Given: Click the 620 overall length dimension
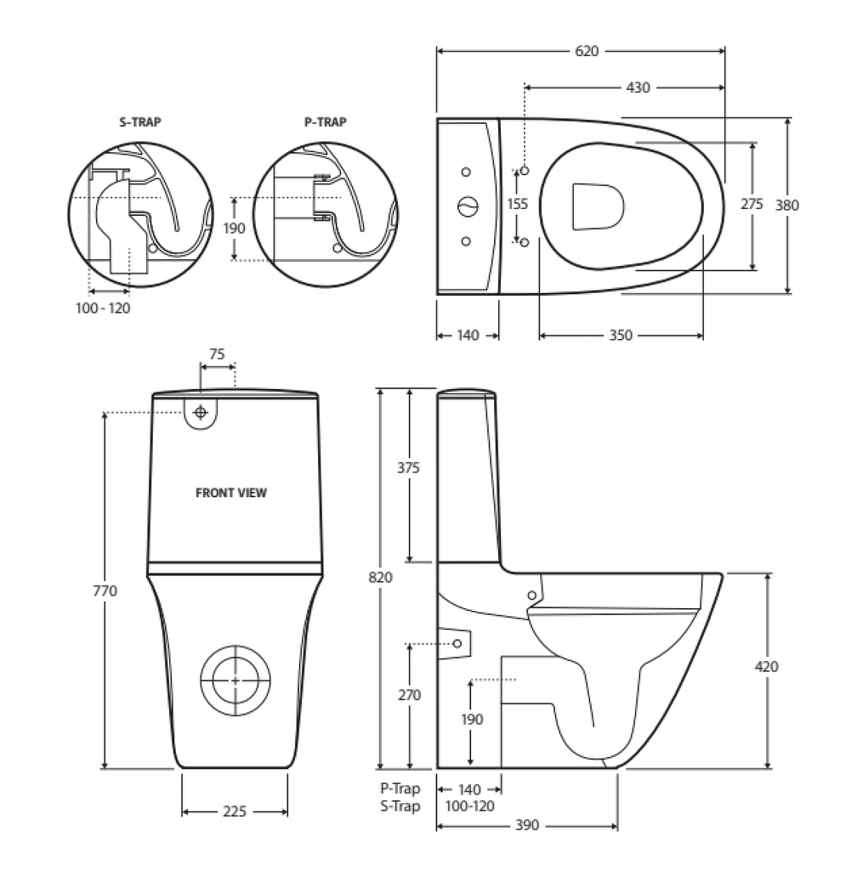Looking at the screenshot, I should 587,51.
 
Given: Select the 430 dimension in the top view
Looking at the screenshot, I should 638,88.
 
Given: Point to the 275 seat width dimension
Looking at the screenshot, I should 752,204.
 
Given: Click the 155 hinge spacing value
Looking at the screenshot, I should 518,204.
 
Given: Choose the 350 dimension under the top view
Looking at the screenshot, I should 621,336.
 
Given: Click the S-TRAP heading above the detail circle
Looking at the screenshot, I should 139,122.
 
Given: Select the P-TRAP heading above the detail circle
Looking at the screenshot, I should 326,122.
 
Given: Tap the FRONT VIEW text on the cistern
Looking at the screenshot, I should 231,493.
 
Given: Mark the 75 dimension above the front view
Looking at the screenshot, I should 217,355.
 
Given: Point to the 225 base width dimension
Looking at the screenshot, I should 235,812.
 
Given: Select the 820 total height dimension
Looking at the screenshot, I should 381,578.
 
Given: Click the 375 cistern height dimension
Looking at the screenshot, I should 410,469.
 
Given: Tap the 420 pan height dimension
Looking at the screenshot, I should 767,667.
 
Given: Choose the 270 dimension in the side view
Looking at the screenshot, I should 410,695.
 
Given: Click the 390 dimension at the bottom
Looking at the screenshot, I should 527,826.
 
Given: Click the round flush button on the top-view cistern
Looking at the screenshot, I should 468,206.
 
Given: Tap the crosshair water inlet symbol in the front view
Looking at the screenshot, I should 201,413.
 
